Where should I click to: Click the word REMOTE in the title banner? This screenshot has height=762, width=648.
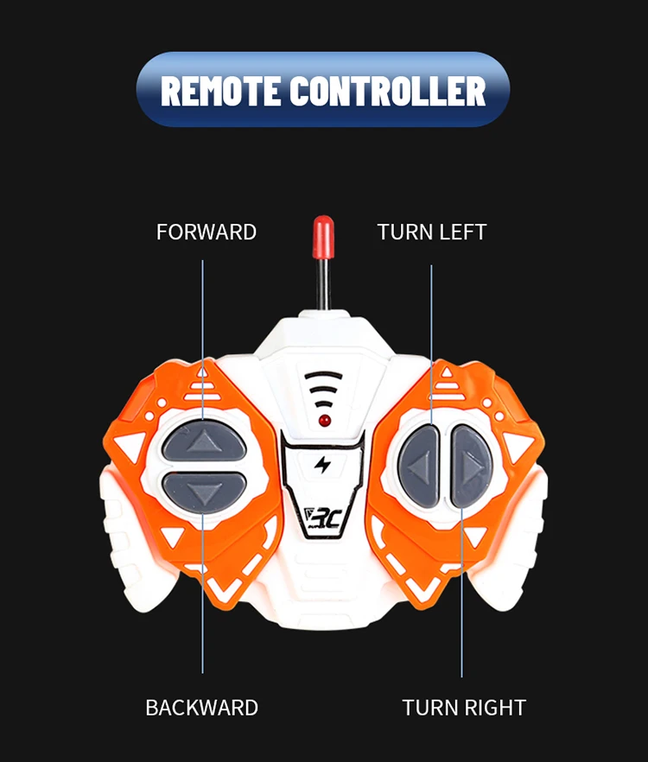pyautogui.click(x=220, y=91)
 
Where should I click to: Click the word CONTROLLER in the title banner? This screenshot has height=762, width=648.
pyautogui.click(x=388, y=91)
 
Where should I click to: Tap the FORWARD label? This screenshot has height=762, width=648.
pyautogui.click(x=206, y=232)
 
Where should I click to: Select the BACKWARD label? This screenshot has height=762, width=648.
pyautogui.click(x=201, y=708)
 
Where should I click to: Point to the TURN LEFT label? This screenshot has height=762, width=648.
pyautogui.click(x=432, y=232)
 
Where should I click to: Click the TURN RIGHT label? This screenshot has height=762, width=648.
pyautogui.click(x=464, y=708)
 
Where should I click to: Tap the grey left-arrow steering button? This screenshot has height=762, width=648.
pyautogui.click(x=418, y=467)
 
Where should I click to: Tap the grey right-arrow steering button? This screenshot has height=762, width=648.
pyautogui.click(x=471, y=467)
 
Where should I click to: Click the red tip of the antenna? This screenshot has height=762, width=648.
pyautogui.click(x=323, y=237)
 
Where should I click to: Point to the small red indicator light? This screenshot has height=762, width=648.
pyautogui.click(x=325, y=421)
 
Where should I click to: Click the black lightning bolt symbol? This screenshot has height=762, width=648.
pyautogui.click(x=322, y=465)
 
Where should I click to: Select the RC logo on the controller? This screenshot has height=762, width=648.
pyautogui.click(x=323, y=518)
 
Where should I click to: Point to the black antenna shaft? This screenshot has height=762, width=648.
pyautogui.click(x=323, y=284)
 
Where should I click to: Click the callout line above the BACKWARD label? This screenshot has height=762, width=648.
pyautogui.click(x=203, y=593)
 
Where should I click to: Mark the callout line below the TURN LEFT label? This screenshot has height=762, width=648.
pyautogui.click(x=431, y=345)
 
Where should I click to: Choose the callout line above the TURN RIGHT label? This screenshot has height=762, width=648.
pyautogui.click(x=461, y=593)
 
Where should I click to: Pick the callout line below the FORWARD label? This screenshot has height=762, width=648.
pyautogui.click(x=203, y=340)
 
